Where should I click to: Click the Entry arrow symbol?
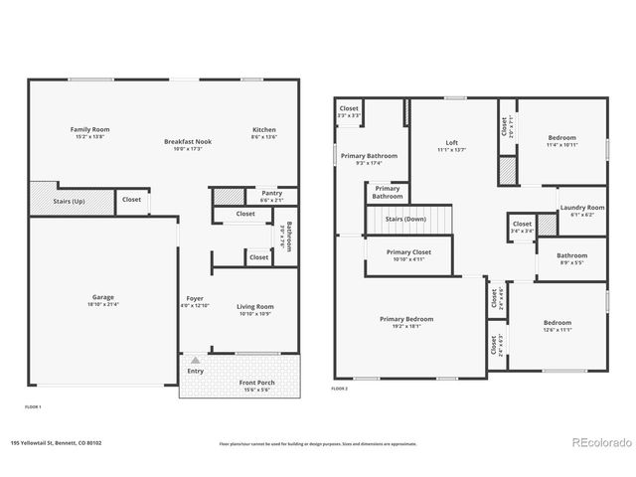click(196, 359)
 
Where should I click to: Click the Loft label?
click(451, 145)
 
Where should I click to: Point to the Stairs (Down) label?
click(405, 219)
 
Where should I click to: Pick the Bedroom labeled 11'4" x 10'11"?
click(561, 141)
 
